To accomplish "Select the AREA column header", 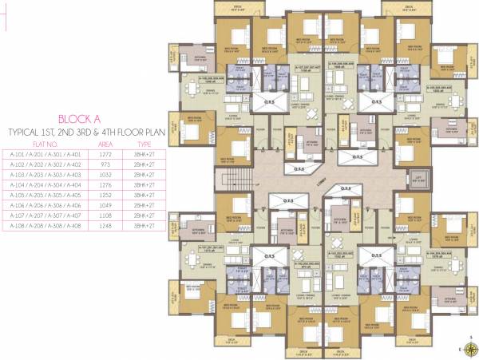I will pos(105,144).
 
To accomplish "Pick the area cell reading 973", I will pos(105,164).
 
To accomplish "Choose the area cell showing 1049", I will pos(105,205).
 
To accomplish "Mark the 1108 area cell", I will pos(105,216).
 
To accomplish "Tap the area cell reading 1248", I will pos(105,226).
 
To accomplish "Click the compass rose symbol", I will pos(466,346).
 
